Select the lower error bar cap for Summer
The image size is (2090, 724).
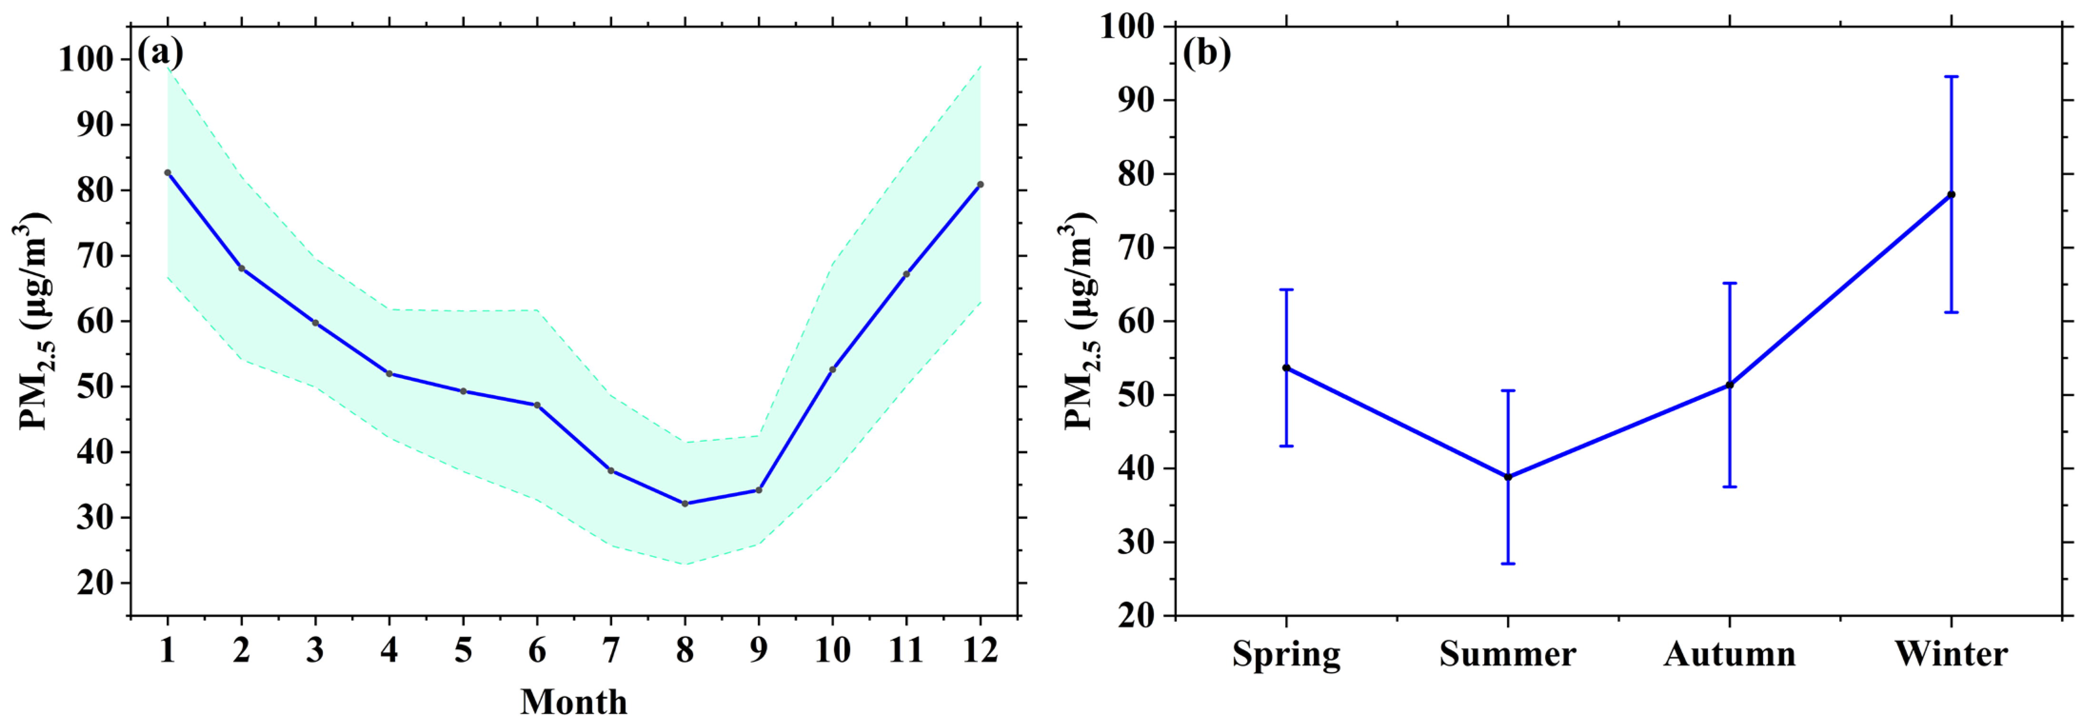point(1507,563)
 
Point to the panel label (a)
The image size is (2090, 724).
point(160,54)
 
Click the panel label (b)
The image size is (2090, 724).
point(1207,54)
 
